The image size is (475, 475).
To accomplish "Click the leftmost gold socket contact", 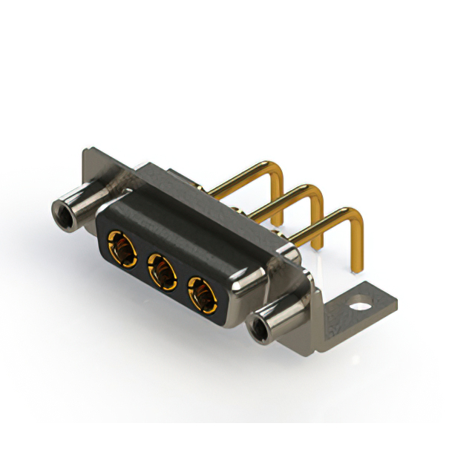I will (x=123, y=247).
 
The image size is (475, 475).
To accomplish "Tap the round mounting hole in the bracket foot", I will (x=361, y=303).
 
